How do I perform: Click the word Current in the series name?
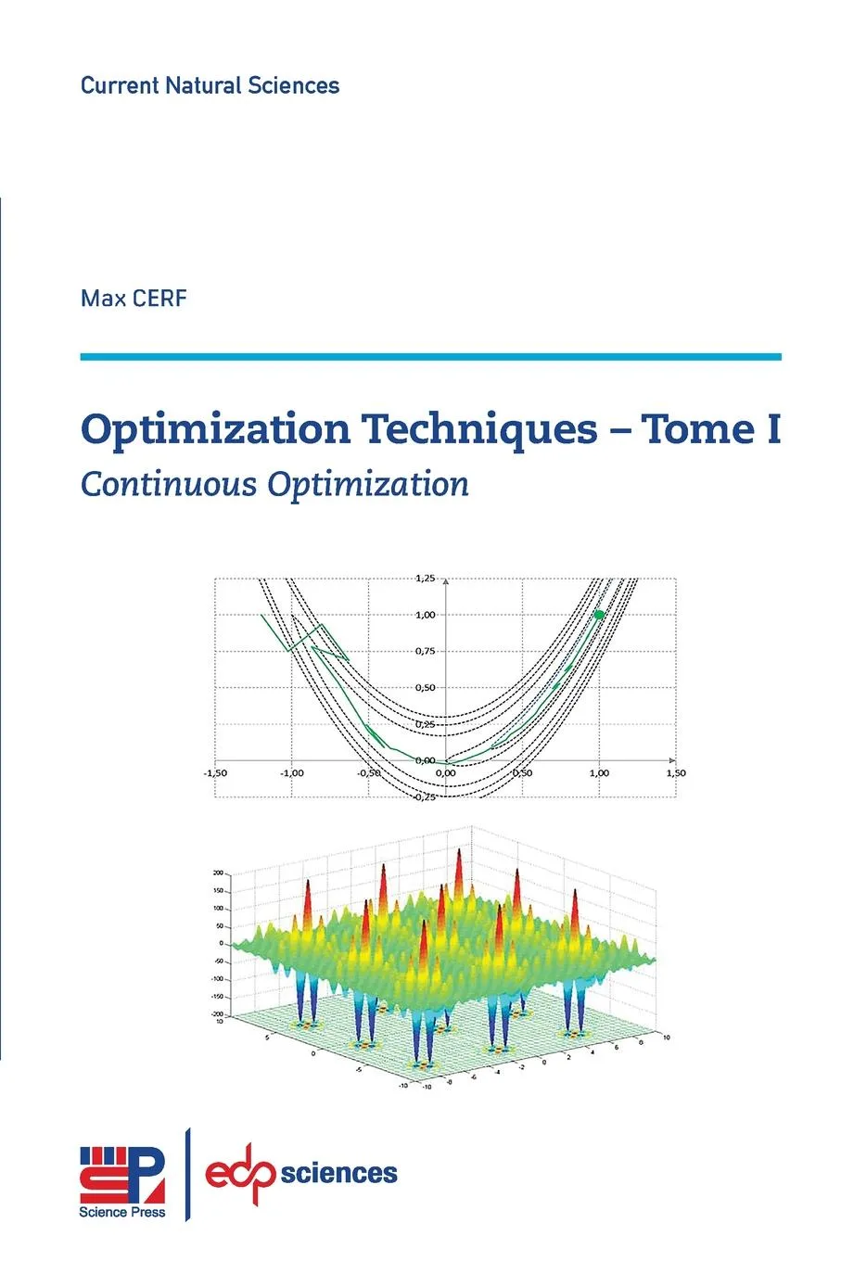click(120, 86)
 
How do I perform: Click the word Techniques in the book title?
click(479, 429)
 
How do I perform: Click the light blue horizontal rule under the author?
click(430, 356)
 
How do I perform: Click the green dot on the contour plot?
click(599, 615)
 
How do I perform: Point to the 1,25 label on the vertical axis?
click(425, 579)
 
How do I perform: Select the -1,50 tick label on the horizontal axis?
click(215, 772)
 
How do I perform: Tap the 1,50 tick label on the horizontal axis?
click(676, 772)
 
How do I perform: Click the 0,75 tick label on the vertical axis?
click(425, 651)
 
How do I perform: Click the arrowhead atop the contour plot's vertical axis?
click(446, 581)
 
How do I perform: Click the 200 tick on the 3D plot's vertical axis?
click(218, 873)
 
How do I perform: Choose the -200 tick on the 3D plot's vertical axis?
click(217, 1014)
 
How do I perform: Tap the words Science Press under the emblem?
click(122, 1212)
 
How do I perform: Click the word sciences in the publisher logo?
click(338, 1174)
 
